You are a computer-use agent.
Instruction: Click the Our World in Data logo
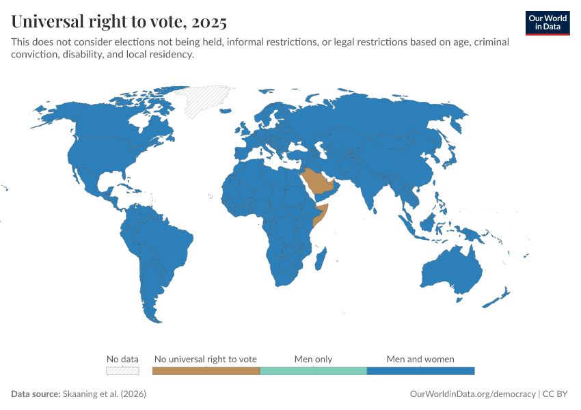coord(548,23)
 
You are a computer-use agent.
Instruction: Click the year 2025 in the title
coord(209,22)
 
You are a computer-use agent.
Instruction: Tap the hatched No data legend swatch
coord(122,370)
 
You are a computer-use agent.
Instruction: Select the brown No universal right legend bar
coord(206,370)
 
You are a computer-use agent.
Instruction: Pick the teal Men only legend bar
coord(313,370)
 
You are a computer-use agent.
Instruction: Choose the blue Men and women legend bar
coord(420,370)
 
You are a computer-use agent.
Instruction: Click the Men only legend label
coord(313,359)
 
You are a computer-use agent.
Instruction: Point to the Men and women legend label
coord(420,359)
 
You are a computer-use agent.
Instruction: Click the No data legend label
coord(122,359)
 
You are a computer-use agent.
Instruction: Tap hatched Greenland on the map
coord(208,99)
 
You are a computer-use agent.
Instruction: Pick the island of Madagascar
coord(321,258)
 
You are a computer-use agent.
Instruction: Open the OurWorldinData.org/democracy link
coord(472,394)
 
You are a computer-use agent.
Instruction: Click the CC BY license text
coord(556,394)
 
